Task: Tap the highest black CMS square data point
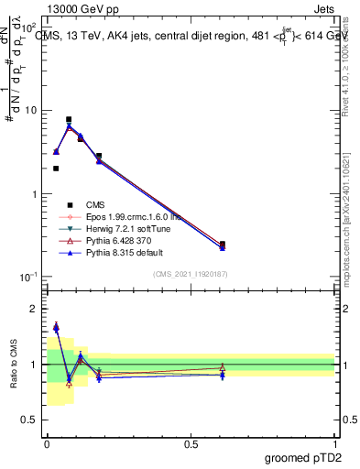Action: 69,120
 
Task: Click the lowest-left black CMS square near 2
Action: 56,169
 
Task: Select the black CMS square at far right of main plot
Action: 223,245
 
